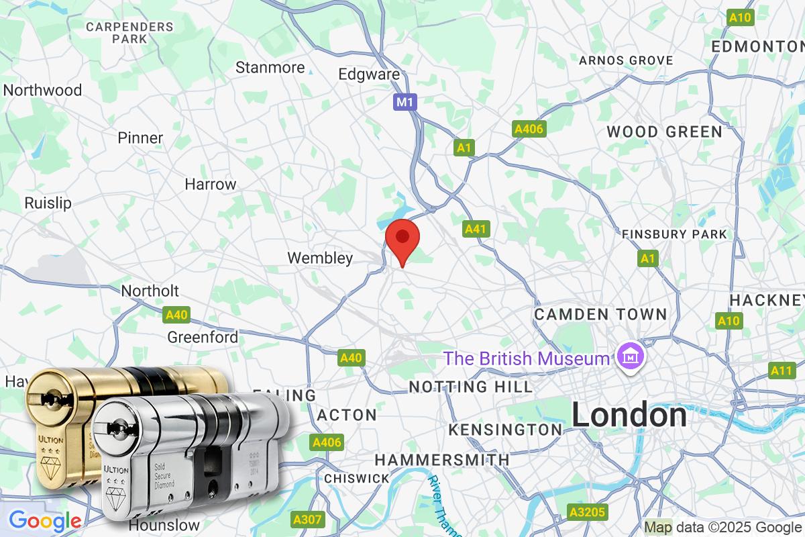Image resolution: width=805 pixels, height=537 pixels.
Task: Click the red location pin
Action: [402, 239]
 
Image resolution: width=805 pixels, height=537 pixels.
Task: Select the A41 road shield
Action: [476, 230]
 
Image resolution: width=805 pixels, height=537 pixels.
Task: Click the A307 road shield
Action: [309, 520]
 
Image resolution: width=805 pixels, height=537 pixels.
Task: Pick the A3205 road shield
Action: [588, 513]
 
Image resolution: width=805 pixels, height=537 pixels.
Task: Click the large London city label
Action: [629, 416]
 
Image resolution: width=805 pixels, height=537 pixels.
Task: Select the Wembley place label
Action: [320, 258]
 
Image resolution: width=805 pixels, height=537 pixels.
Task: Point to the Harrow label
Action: [211, 184]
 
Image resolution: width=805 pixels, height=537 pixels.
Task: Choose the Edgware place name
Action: [369, 75]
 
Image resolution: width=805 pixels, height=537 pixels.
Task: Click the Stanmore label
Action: [270, 68]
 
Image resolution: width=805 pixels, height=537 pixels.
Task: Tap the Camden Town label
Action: [600, 314]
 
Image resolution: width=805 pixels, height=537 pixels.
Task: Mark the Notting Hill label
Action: [470, 387]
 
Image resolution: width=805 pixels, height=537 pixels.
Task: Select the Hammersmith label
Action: [441, 460]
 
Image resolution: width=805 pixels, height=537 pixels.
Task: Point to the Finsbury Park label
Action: [674, 234]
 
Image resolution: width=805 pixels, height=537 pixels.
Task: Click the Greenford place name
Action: [203, 337]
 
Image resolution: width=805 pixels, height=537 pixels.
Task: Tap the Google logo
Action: [45, 520]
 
